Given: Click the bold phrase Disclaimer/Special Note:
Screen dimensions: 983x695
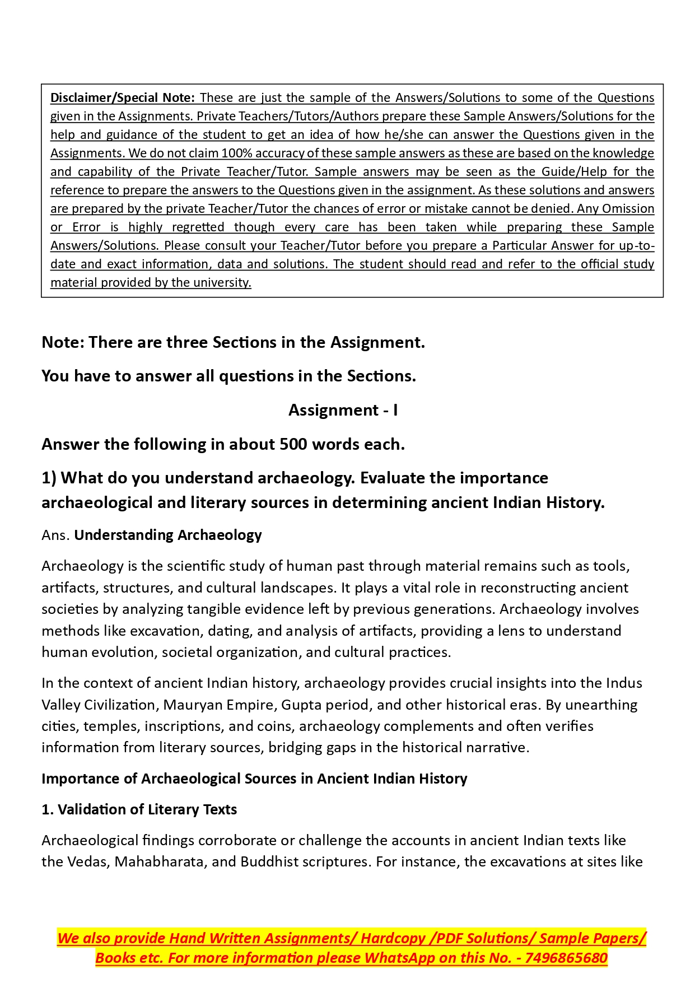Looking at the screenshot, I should point(123,97).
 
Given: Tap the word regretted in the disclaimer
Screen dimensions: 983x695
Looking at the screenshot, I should point(198,227).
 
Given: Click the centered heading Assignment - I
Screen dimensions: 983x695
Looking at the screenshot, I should point(343,410).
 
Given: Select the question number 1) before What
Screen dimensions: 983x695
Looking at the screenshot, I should point(49,478).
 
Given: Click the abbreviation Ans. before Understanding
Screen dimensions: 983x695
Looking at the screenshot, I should point(55,535).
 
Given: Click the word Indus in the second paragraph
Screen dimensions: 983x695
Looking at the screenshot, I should point(624,683).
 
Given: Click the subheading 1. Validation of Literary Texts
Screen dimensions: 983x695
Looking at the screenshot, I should point(139,809).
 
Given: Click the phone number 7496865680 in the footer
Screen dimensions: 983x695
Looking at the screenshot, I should point(566,958).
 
